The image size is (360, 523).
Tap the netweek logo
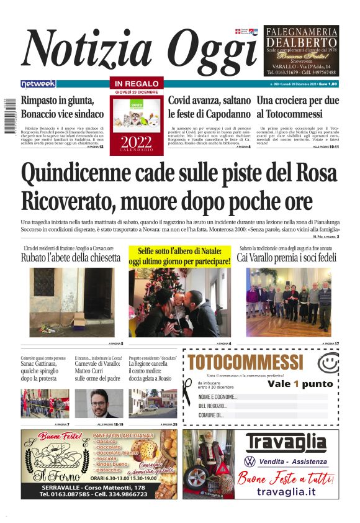pos(38,84)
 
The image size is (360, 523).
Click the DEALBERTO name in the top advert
pos(301,42)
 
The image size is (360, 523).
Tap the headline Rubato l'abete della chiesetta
pos(71,258)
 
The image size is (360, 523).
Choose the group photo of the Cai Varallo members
pos(288,302)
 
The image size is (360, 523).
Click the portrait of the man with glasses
pos(98,404)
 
